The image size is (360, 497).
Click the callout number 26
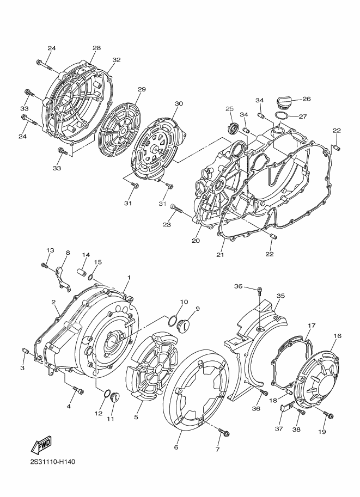pos(306,99)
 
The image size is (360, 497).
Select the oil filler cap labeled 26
pos(285,101)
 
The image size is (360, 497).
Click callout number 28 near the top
pos(96,48)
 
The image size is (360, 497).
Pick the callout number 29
pos(142,89)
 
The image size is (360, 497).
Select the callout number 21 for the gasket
pos(221,255)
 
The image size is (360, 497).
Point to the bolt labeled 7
pos(223,432)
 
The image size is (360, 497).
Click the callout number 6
pos(176,447)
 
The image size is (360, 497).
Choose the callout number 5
pos(136,418)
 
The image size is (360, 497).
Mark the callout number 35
pos(280,296)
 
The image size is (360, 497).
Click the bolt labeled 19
pos(328,415)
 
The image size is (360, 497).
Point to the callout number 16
pos(337,336)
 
